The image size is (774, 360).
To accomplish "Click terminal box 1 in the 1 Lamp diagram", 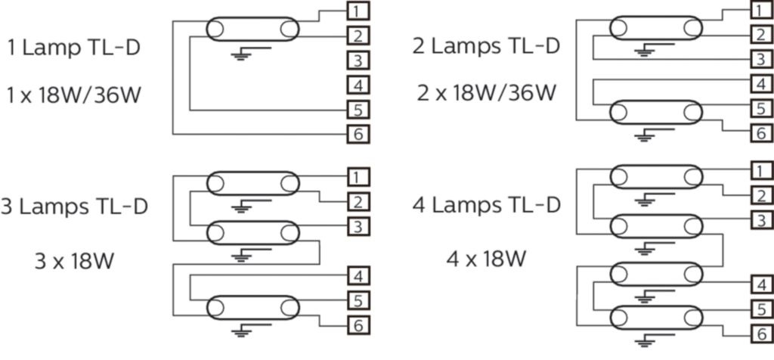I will (359, 11).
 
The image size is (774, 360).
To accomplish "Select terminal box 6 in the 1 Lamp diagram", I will (359, 135).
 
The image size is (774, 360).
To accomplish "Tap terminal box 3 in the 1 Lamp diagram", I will (359, 61).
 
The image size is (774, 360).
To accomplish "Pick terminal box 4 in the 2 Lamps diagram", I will (761, 84).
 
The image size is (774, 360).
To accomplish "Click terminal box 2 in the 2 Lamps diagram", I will (761, 35).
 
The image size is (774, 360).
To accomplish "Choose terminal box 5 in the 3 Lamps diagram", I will (359, 300).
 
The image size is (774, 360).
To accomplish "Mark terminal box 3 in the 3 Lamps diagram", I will (359, 226).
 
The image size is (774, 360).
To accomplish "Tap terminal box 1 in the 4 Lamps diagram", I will (761, 169).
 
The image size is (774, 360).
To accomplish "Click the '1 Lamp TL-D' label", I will (73, 48).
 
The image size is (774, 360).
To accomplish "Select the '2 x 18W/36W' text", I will (487, 94).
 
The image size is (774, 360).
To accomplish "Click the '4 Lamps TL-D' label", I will (487, 205).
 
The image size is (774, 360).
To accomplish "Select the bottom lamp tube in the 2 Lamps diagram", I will (655, 111).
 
